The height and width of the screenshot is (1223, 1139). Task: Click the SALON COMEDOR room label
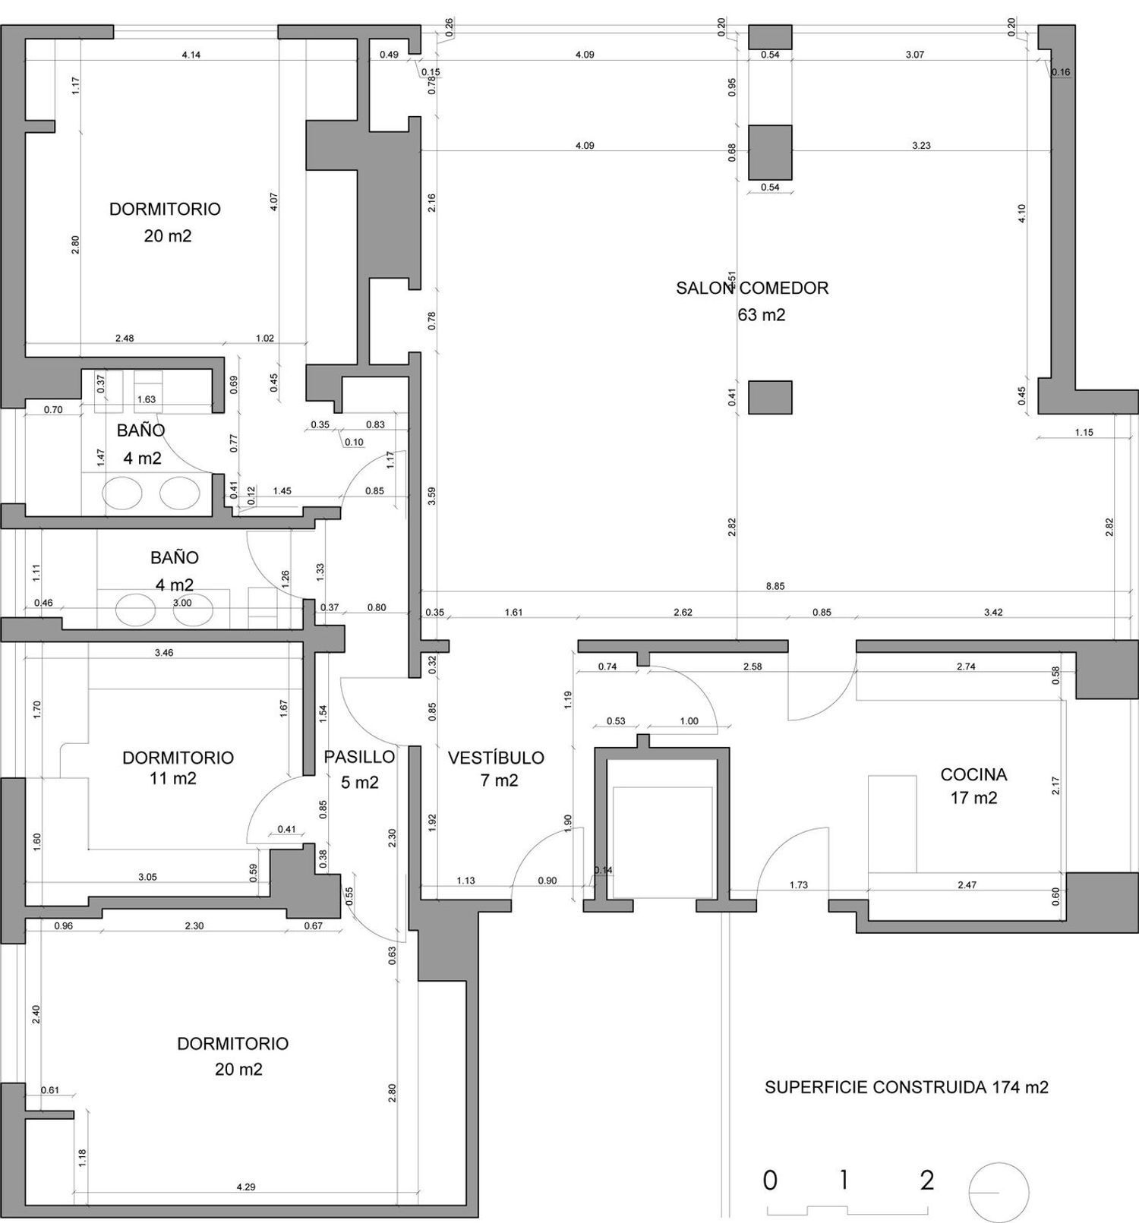(x=752, y=288)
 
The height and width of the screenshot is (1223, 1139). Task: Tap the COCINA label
(x=973, y=775)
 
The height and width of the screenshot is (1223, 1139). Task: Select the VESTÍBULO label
(x=496, y=758)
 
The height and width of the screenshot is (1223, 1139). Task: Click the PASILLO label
(x=359, y=757)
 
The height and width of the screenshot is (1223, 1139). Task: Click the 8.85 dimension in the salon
(x=775, y=587)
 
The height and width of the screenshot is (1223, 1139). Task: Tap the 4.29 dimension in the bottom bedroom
(x=246, y=1187)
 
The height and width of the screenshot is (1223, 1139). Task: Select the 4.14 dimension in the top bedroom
(x=191, y=55)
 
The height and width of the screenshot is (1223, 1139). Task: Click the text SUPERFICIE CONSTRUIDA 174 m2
(x=906, y=1087)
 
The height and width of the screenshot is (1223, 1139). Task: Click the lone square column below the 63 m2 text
(x=770, y=397)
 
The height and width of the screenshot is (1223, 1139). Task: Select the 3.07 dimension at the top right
(x=915, y=55)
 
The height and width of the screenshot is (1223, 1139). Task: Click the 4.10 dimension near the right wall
(x=1022, y=213)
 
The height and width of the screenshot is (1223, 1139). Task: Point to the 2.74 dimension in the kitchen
(x=966, y=667)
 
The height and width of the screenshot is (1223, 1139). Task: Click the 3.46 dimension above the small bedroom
(x=164, y=653)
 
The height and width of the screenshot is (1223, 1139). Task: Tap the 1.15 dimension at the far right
(x=1084, y=433)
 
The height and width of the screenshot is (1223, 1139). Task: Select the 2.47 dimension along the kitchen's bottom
(x=967, y=885)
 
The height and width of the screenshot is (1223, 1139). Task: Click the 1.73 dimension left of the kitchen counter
(x=798, y=885)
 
